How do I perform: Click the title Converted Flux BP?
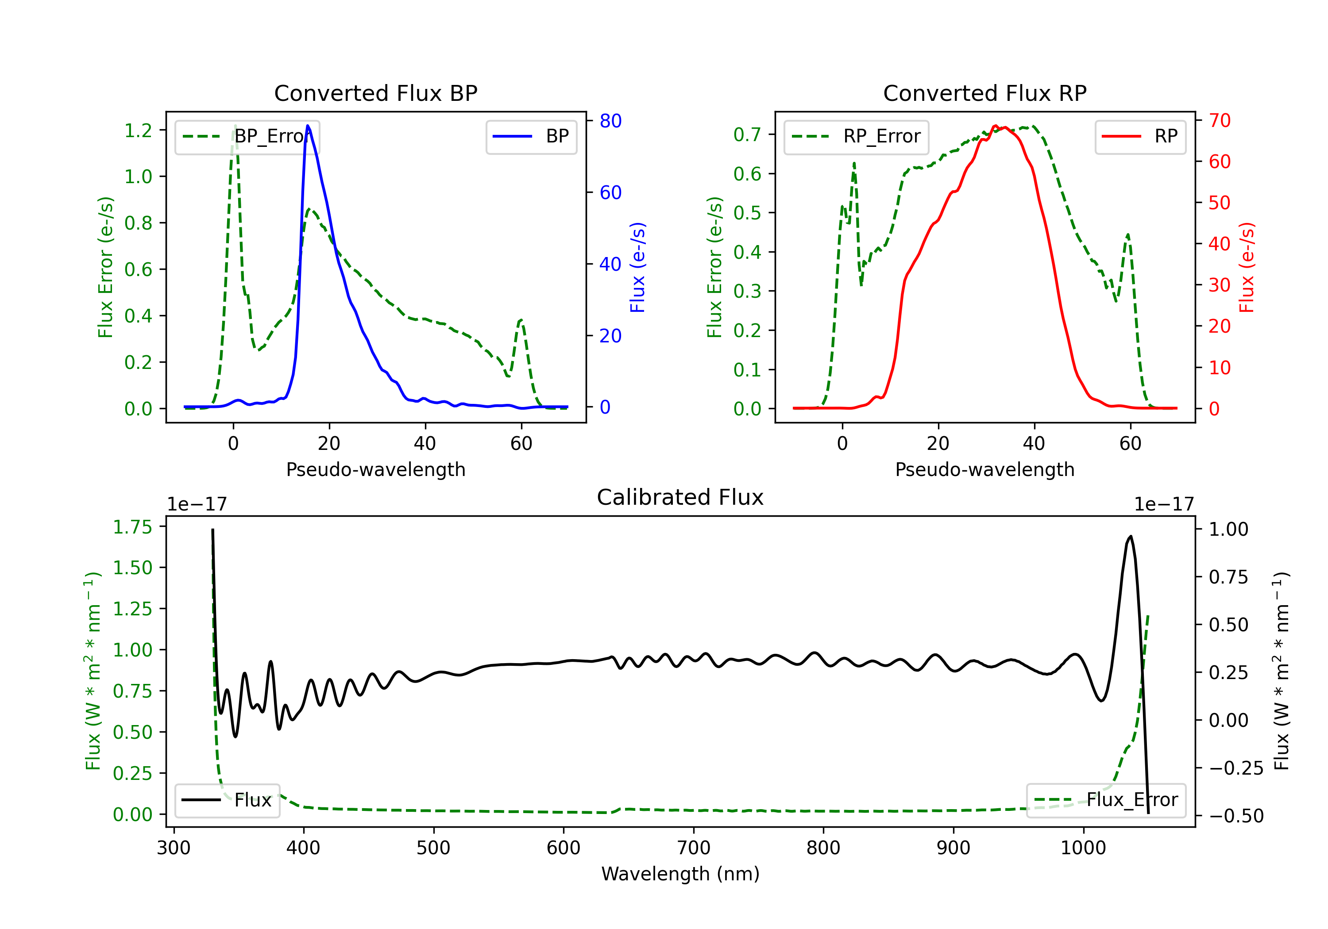[x=375, y=93]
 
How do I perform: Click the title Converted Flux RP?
[x=984, y=93]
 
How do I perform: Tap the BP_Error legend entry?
[x=247, y=136]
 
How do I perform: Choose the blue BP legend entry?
[x=531, y=136]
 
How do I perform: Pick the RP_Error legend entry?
[x=856, y=136]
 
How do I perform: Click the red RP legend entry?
[x=1140, y=136]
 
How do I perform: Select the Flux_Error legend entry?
[x=1105, y=800]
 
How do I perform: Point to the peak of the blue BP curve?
[x=308, y=126]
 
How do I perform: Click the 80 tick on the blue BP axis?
[x=610, y=121]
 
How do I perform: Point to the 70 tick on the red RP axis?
[x=1219, y=120]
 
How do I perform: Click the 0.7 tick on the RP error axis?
[x=747, y=134]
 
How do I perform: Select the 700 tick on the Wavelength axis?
[x=693, y=848]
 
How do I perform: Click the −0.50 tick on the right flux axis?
[x=1235, y=816]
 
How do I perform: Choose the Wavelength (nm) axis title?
[x=680, y=874]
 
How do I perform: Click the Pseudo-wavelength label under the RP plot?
[x=984, y=469]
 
